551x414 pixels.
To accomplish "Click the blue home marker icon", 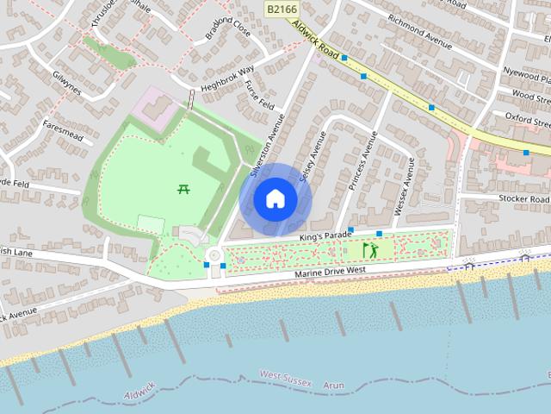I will [274, 198].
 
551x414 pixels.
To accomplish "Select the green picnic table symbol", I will [183, 189].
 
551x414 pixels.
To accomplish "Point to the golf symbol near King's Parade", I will [369, 250].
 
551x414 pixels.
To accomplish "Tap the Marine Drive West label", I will [331, 272].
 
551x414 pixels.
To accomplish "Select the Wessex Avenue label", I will [404, 186].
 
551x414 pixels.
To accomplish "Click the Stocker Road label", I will [523, 198].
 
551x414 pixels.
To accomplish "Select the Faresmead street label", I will [61, 130].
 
